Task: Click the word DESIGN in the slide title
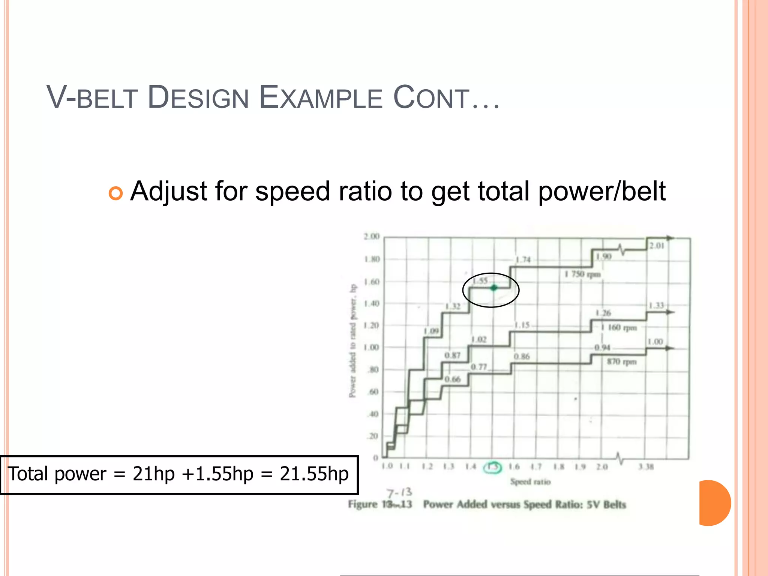click(198, 98)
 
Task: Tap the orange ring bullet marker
click(115, 193)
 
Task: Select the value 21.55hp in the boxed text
click(314, 474)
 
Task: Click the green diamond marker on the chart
click(494, 288)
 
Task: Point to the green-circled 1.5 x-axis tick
click(492, 467)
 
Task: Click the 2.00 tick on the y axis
click(371, 237)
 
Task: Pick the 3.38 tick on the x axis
click(646, 467)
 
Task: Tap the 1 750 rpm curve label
click(582, 274)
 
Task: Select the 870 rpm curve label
click(622, 362)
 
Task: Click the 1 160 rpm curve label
click(619, 328)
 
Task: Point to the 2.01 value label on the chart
click(657, 246)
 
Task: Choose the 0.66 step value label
click(452, 379)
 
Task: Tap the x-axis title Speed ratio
click(530, 482)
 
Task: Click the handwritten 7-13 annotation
click(399, 492)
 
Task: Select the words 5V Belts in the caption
click(606, 505)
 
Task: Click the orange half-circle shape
click(714, 503)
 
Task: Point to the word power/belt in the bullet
click(602, 192)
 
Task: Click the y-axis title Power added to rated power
click(352, 341)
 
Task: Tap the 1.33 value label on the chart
click(656, 305)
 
